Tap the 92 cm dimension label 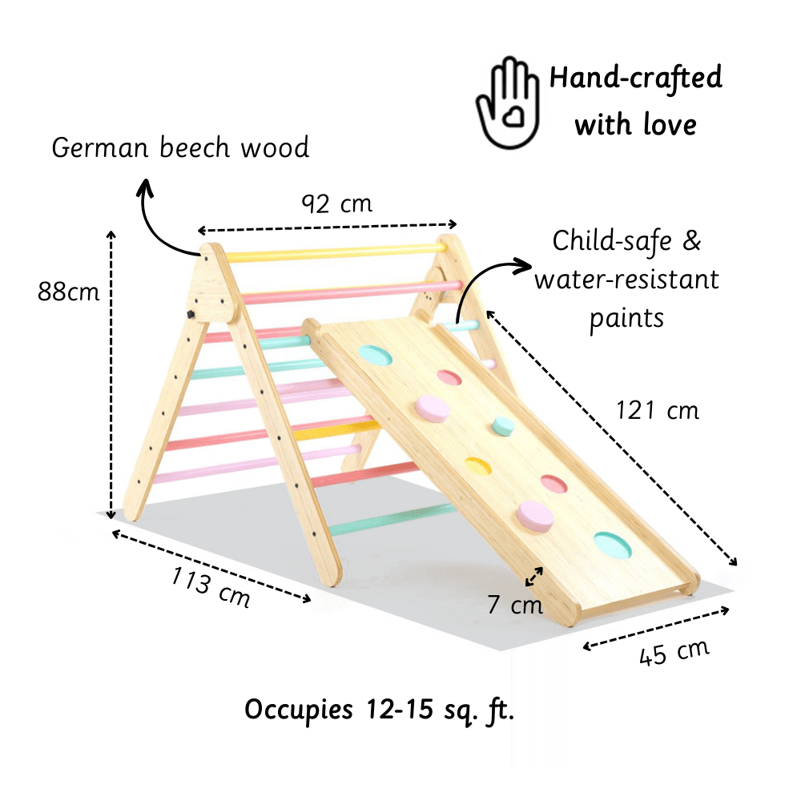tap(336, 204)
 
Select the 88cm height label tap(69, 292)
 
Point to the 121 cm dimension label tap(658, 410)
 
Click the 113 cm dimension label tap(211, 587)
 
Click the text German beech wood tap(180, 148)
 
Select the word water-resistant tap(626, 280)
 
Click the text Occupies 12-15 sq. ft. tap(379, 710)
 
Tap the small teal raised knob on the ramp tap(502, 425)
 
